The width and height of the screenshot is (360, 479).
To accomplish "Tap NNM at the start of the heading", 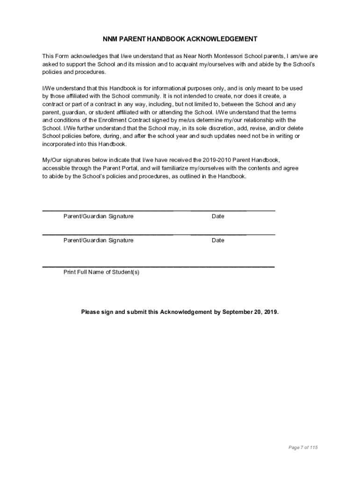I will point(110,39).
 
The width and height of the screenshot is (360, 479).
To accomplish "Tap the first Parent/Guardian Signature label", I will point(98,216).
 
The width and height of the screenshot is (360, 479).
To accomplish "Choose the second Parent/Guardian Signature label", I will point(98,240).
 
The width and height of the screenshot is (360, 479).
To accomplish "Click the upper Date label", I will point(218,216).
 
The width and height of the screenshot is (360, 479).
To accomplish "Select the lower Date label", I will point(218,240).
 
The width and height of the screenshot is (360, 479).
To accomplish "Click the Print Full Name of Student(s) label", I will point(101,272).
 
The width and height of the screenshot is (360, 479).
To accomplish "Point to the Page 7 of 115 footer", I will point(303,448).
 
